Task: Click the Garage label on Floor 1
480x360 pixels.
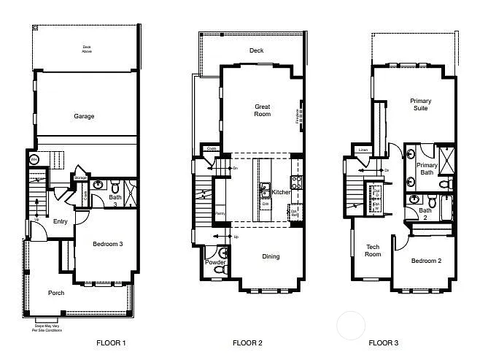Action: (x=84, y=116)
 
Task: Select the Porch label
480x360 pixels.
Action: (x=56, y=293)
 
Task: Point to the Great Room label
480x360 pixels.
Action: (x=262, y=110)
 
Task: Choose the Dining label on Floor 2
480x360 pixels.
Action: (x=271, y=256)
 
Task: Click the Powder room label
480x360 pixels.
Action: (x=215, y=261)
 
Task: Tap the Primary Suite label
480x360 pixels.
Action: (x=420, y=104)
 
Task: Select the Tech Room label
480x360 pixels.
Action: (x=373, y=250)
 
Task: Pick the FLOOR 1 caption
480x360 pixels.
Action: (x=111, y=342)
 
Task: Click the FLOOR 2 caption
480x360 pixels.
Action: (x=247, y=342)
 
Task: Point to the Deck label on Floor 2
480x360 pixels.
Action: (x=255, y=50)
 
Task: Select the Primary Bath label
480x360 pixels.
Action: (x=427, y=169)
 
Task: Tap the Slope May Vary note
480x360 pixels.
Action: (x=47, y=326)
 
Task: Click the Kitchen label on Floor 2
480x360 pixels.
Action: (x=281, y=192)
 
